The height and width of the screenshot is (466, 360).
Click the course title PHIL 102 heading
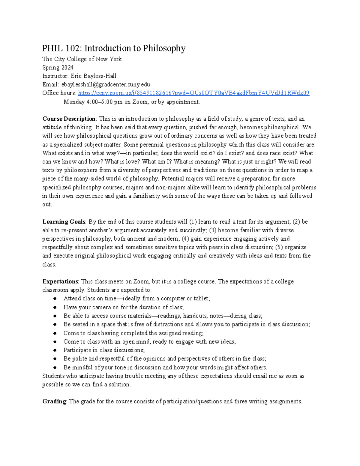pos(114,48)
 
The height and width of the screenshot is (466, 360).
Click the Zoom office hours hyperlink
pos(193,93)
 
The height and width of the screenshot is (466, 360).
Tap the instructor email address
pos(106,85)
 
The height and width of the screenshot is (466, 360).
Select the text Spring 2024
pos(58,68)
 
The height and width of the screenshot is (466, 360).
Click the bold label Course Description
pos(69,119)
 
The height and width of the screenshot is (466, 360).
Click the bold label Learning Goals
pos(64,222)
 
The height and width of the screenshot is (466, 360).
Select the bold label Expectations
pos(60,281)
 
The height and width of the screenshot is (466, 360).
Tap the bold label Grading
pos(54,401)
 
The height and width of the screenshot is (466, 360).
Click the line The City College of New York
pos(82,59)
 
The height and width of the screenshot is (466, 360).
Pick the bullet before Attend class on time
pos(55,299)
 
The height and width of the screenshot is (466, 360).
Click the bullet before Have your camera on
pos(55,307)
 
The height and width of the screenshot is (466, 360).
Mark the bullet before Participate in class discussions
pos(55,350)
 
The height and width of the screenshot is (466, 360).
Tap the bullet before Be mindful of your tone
pos(55,368)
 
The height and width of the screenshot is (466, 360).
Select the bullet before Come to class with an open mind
pos(55,342)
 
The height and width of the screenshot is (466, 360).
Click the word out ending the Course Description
pos(46,205)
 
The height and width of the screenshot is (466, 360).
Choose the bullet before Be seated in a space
pos(55,324)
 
